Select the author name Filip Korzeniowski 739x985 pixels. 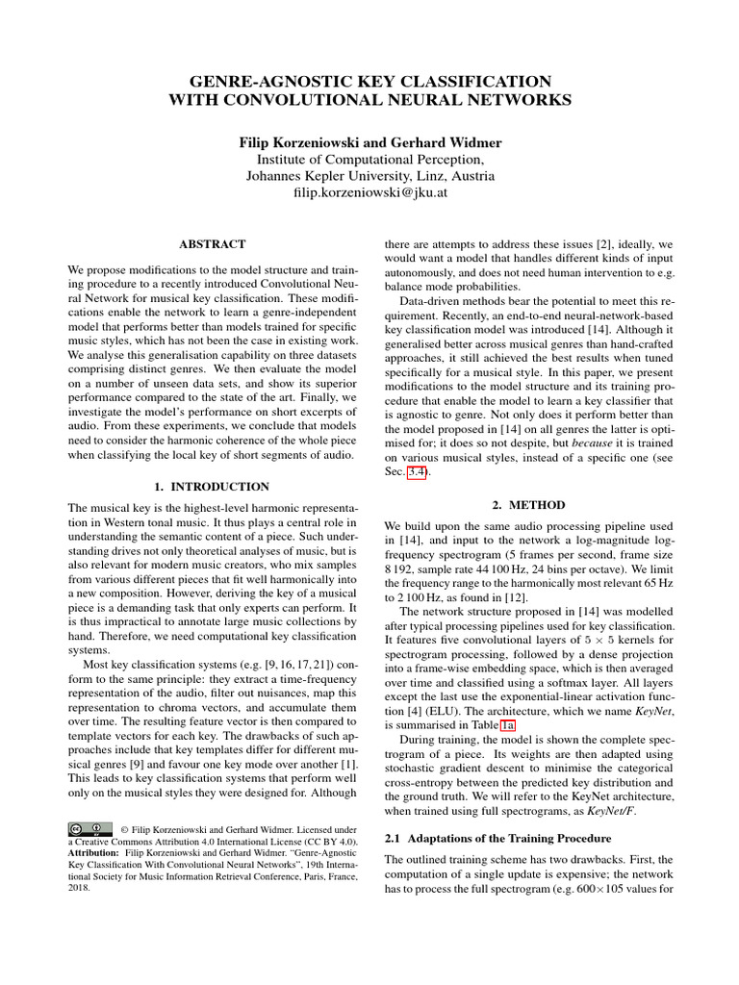pos(299,142)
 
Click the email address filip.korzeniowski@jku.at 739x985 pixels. pos(369,193)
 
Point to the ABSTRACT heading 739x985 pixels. pos(213,245)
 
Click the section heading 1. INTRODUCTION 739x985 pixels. pos(213,487)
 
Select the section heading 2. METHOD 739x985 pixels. pos(528,504)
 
